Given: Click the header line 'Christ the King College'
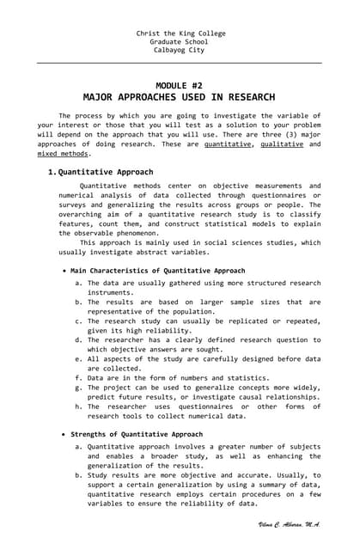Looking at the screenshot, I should tap(180, 33).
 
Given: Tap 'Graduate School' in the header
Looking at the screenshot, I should tap(180, 41).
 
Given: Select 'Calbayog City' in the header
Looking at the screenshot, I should tap(180, 50).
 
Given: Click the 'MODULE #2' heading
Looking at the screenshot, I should tap(180, 86).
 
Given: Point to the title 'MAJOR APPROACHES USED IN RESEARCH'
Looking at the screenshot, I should tap(180, 98).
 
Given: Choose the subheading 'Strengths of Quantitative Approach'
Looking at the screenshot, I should tap(137, 435).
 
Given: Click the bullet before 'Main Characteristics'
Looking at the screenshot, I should tap(65, 271).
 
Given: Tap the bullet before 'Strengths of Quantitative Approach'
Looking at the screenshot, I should tap(65, 435).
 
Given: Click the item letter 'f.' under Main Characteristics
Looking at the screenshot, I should tap(79, 377).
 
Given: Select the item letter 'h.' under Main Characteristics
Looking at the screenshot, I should tap(79, 406).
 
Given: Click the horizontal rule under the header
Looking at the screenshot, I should tap(180, 63).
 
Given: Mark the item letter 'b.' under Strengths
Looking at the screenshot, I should tap(79, 474).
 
